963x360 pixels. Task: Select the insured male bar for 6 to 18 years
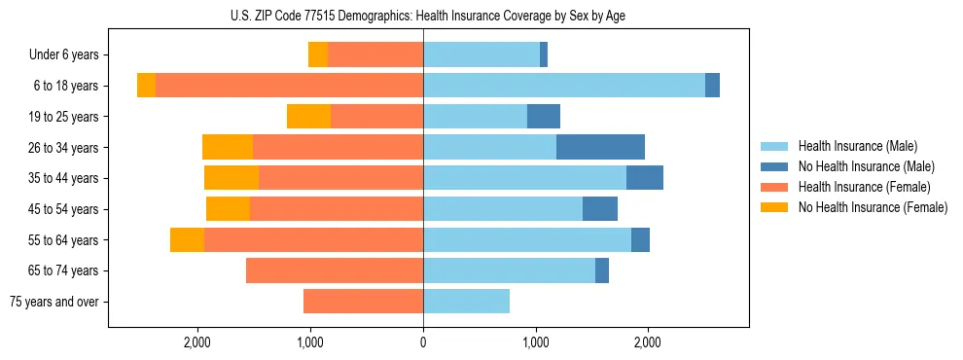564,86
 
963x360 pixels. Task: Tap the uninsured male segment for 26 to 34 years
600,147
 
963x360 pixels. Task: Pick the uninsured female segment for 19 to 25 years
308,117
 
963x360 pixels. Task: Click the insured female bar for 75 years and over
363,302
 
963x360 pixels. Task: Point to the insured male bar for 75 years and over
466,302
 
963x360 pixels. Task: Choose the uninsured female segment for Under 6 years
318,54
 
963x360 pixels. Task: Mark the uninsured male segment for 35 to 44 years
645,178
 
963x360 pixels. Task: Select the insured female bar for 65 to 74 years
335,270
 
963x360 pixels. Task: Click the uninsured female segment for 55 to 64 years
187,239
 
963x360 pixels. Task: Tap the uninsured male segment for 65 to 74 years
602,270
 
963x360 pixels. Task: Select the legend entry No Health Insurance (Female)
873,207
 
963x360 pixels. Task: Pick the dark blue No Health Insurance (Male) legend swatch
774,166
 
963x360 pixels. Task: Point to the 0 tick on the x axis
423,342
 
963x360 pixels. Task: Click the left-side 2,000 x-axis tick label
197,342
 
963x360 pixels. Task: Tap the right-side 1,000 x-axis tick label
536,342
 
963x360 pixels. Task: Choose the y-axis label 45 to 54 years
64,209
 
